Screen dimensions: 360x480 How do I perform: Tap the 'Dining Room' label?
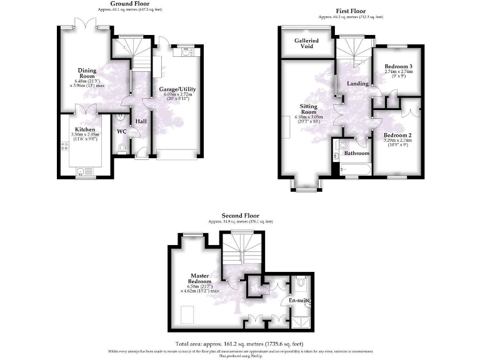[87, 71]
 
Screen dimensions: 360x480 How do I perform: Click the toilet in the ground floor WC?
[121, 147]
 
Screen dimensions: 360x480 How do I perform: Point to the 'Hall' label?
[141, 120]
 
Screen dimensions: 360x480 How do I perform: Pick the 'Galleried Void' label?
[306, 44]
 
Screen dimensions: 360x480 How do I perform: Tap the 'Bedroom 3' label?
[398, 66]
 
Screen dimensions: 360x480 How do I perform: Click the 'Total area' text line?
[239, 344]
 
